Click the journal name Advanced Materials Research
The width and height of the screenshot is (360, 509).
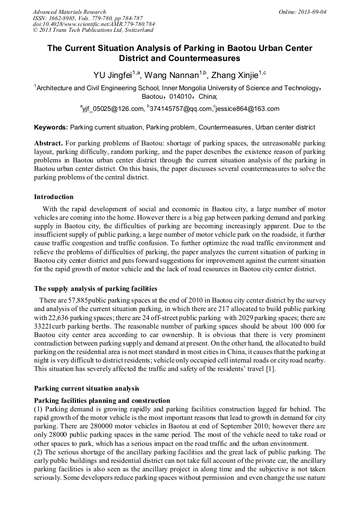tap(69, 12)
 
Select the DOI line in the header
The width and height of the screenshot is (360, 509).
tap(93, 24)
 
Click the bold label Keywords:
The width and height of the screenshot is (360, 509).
tap(51, 127)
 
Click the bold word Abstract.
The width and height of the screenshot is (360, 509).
tap(48, 143)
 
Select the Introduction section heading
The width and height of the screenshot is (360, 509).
tap(54, 197)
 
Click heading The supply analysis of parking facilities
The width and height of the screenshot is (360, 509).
tap(96, 289)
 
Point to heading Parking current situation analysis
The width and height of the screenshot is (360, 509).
tap(87, 388)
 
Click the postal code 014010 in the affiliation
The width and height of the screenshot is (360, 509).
tap(182, 97)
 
